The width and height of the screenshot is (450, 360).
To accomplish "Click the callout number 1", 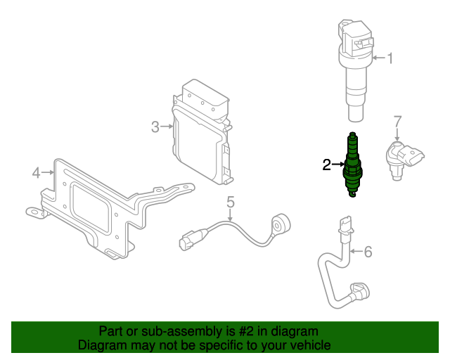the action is pyautogui.click(x=390, y=58).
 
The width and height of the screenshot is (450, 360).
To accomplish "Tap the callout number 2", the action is pyautogui.click(x=326, y=165).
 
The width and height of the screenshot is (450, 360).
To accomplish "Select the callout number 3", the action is pyautogui.click(x=155, y=127).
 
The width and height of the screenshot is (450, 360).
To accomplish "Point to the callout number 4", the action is pyautogui.click(x=37, y=172).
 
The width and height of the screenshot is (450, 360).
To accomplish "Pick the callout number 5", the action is pyautogui.click(x=230, y=202).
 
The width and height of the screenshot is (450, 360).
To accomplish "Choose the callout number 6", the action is pyautogui.click(x=367, y=251).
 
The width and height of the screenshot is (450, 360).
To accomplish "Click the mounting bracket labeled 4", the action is pyautogui.click(x=98, y=207).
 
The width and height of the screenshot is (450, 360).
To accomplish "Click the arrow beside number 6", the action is pyautogui.click(x=356, y=251).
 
